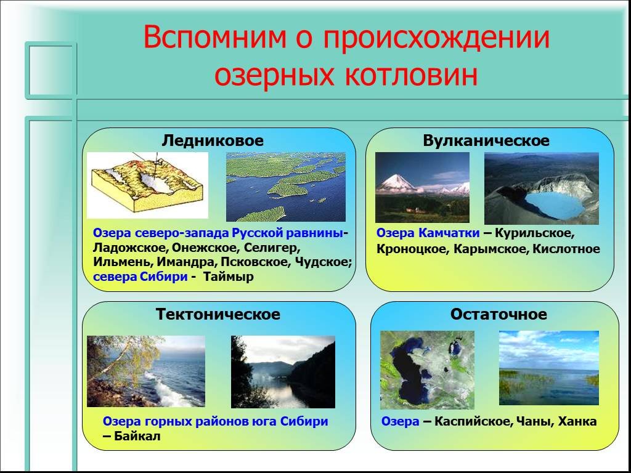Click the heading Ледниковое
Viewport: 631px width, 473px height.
point(213,140)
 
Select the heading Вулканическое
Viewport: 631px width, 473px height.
point(486,141)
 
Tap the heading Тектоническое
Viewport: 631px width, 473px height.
point(218,313)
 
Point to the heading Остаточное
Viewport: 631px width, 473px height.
point(498,313)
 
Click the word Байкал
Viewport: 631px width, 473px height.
point(137,436)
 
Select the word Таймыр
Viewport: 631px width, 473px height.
point(229,277)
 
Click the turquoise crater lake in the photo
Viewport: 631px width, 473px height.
point(555,204)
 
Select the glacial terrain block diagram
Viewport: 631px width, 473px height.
point(147,185)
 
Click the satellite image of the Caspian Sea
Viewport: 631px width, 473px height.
point(427,370)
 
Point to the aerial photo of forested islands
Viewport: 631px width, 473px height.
point(286,187)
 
